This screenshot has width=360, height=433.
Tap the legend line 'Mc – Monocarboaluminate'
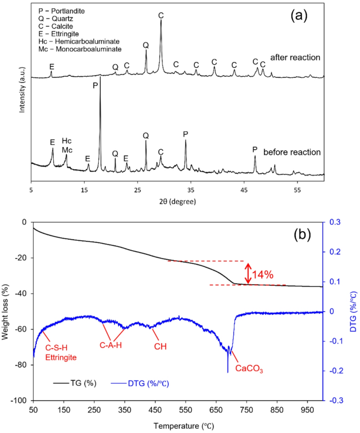(x=80, y=49)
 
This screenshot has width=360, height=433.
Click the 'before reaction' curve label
(x=292, y=152)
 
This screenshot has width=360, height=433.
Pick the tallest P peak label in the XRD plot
(x=95, y=85)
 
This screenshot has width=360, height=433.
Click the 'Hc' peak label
(x=67, y=141)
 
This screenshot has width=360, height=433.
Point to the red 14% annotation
(x=264, y=274)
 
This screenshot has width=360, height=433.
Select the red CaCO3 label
(x=249, y=369)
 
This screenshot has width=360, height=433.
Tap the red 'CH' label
(x=160, y=346)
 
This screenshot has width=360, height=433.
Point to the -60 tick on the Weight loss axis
(x=21, y=329)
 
